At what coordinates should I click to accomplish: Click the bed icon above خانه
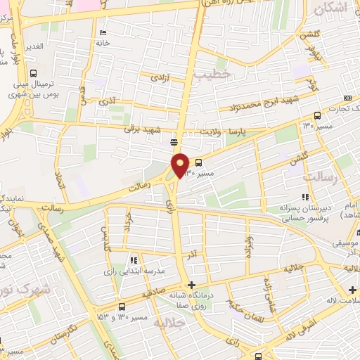(x=103, y=32)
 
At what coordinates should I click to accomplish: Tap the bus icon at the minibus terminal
(x=33, y=74)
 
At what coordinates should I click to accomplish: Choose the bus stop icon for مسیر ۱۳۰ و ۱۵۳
(x=122, y=307)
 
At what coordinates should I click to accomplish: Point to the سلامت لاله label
(x=340, y=302)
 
